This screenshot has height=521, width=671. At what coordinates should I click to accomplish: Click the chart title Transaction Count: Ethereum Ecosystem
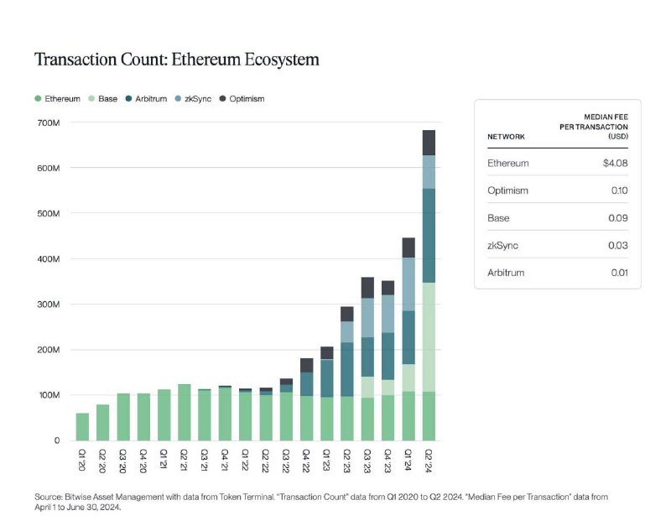click(x=176, y=60)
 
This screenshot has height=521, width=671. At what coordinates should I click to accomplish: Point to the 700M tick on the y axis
click(x=48, y=123)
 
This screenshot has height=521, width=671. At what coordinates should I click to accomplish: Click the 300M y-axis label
click(x=48, y=305)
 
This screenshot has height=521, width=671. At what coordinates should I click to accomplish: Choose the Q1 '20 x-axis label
click(x=82, y=460)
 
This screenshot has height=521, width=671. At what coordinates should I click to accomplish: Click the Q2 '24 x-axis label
click(x=429, y=460)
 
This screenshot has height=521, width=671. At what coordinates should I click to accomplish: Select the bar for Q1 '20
click(x=82, y=426)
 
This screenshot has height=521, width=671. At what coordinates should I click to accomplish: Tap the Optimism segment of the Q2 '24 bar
click(x=429, y=143)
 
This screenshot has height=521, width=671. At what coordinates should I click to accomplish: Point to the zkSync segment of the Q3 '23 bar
click(x=367, y=318)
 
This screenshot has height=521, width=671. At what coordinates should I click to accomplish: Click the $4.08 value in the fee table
click(x=611, y=163)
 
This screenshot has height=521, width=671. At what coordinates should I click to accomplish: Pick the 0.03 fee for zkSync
click(x=618, y=245)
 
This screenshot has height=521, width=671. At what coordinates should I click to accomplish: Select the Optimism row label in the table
click(x=508, y=190)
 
